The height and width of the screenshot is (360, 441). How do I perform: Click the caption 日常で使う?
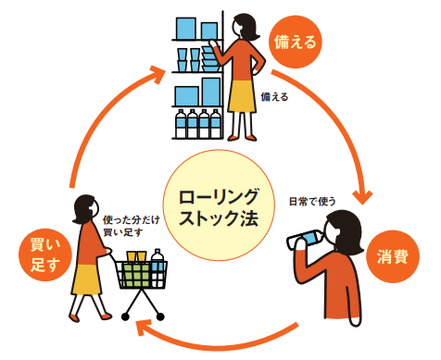tap(310, 200)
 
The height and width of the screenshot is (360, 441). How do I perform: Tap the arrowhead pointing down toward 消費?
tap(363, 195)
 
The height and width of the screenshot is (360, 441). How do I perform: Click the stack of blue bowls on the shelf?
tap(213, 59)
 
